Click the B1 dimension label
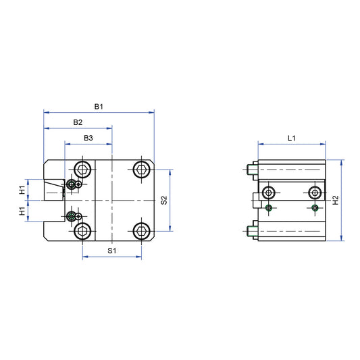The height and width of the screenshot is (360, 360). [98, 107]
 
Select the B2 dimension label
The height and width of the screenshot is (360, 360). [78, 122]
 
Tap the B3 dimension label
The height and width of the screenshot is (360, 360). [88, 138]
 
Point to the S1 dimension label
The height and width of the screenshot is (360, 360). [112, 251]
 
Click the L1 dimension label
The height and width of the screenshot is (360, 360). [292, 138]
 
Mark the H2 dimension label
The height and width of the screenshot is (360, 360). [336, 200]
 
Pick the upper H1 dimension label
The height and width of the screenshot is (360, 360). [22, 190]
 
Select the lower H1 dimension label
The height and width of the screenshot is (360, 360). [22, 211]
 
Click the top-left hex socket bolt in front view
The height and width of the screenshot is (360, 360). [83, 168]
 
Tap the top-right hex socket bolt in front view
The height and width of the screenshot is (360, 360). [141, 168]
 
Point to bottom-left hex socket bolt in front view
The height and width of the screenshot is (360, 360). [83, 232]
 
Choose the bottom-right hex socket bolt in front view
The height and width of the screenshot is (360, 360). [141, 232]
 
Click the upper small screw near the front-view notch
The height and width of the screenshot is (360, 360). [72, 184]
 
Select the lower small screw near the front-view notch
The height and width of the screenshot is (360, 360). [72, 216]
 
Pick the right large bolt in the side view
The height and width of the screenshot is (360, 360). [315, 192]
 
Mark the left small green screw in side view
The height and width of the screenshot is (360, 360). [270, 207]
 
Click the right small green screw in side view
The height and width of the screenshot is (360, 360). [315, 207]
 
